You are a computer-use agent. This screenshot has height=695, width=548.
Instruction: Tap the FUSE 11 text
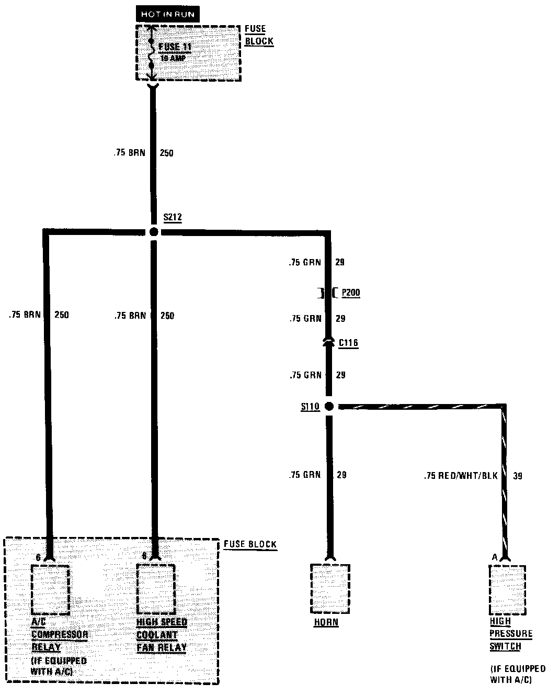(175, 47)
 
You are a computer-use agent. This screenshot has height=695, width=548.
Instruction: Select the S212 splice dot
(153, 231)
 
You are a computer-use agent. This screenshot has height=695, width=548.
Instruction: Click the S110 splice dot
(329, 406)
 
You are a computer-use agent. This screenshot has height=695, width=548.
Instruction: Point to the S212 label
(172, 217)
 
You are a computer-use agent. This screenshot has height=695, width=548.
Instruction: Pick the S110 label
(310, 407)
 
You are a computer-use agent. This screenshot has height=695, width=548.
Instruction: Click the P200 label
(351, 293)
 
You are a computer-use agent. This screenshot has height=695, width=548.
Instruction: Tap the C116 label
(348, 343)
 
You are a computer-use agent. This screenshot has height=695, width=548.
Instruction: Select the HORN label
(326, 623)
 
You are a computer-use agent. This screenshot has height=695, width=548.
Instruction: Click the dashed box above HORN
(330, 589)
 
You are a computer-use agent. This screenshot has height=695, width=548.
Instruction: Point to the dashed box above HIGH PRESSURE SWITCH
(507, 590)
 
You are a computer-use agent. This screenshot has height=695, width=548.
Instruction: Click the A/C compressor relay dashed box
(50, 590)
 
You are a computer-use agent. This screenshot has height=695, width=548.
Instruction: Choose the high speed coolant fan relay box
(155, 590)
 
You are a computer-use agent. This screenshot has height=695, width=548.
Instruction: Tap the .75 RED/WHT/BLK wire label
(460, 476)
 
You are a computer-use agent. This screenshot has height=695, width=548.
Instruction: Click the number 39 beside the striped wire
(518, 476)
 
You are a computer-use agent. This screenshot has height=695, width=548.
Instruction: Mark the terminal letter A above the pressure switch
(494, 558)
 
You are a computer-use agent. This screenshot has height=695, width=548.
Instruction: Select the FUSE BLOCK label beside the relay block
(250, 544)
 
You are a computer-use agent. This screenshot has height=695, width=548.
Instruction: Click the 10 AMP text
(173, 59)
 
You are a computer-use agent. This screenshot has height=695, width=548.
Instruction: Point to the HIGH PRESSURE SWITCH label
(511, 634)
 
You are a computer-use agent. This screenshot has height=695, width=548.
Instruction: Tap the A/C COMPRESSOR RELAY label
(59, 634)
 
